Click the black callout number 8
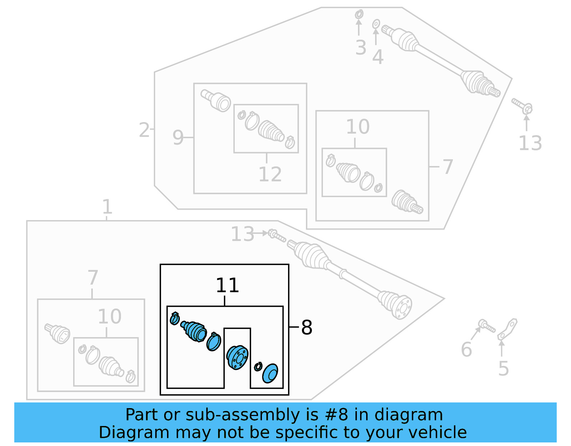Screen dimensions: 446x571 pos(307,327)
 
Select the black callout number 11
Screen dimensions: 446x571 pos(227,285)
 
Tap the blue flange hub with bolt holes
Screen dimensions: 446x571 pos(237,357)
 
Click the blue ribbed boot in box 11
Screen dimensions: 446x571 pos(195,331)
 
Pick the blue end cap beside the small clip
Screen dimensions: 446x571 pos(270,374)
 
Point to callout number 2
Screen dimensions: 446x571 pos(144,130)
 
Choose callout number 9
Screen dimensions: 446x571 pos(178,137)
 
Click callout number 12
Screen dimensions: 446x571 pos(270,175)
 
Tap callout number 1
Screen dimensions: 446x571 pos(107,207)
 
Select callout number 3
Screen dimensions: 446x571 pos(361,48)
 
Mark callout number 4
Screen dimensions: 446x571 pos(378,57)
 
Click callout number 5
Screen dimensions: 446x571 pos(503,369)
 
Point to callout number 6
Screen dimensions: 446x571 pos(466,349)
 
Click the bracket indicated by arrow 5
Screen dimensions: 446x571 pos(508,329)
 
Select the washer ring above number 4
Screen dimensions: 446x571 pos(376,24)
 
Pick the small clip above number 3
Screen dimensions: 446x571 pos(359,14)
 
